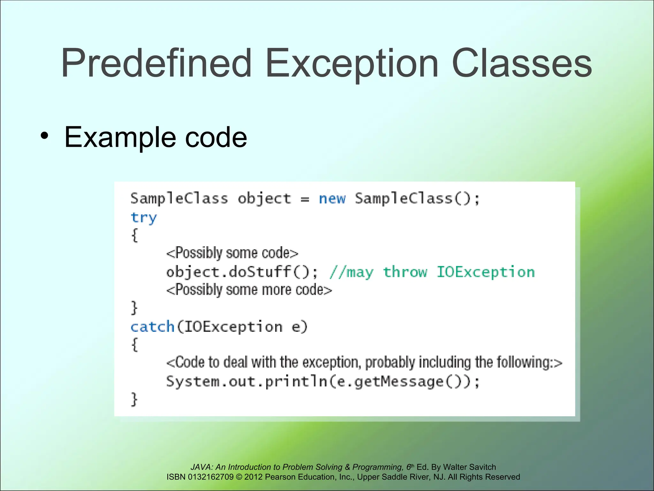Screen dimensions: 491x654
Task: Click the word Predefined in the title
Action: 156,63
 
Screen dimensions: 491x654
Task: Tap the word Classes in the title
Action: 522,63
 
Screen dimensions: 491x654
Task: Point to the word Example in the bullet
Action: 120,137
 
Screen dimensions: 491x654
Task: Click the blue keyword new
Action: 332,199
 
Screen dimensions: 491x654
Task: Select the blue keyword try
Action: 144,218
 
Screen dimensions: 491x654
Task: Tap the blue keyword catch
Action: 152,327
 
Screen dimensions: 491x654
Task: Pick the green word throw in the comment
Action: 405,272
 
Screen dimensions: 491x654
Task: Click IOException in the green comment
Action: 485,272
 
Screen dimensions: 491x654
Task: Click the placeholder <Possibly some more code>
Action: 249,290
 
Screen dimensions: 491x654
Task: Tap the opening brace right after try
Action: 135,236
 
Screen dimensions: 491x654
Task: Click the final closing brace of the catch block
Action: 134,400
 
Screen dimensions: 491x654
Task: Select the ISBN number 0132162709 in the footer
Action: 211,477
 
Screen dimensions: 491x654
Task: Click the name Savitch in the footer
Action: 483,467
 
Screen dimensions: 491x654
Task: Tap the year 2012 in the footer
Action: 254,477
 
